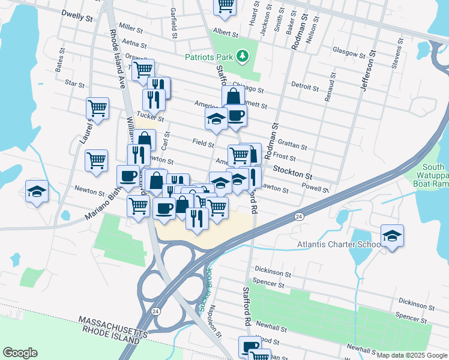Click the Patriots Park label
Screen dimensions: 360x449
coord(209,58)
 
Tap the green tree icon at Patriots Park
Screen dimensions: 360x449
coord(243,56)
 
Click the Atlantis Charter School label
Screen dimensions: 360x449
coord(340,245)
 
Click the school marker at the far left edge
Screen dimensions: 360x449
coord(37,191)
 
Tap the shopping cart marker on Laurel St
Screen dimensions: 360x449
coord(97,109)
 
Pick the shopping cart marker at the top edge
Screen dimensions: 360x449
coord(225,5)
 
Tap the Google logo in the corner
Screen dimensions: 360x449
coord(20,353)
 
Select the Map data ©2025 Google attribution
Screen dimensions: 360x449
coord(412,355)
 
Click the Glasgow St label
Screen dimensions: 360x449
coord(349,52)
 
